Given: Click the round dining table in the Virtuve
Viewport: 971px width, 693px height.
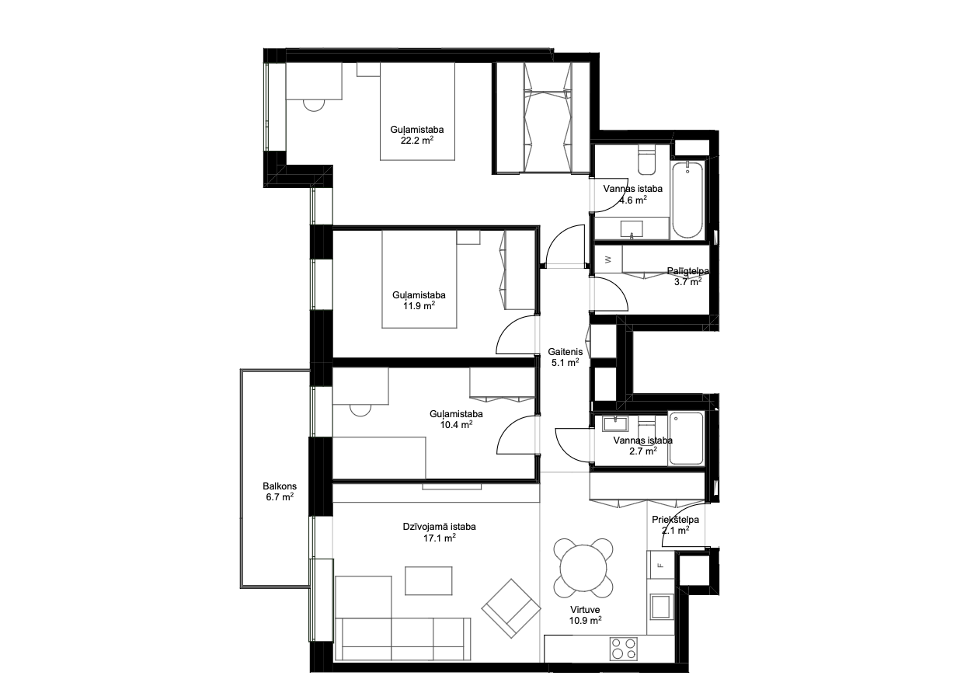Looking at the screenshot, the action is coord(583,568).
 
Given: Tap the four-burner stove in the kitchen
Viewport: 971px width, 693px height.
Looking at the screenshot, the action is coord(623,649).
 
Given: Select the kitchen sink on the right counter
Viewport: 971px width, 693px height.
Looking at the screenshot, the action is coord(660,606).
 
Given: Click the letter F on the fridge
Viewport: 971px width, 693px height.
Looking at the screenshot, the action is coord(660,565).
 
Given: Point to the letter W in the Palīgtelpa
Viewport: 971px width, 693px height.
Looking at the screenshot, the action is coord(608,259).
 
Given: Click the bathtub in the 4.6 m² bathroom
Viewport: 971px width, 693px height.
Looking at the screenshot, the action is coord(687,200).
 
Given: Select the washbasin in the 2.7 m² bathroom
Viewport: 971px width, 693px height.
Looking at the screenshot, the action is coord(614,423).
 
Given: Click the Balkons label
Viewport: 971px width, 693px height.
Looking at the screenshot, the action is coord(280,486).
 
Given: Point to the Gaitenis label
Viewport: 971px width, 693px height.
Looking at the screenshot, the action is coord(565,352).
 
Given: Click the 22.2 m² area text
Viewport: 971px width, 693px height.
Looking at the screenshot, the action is coord(417,140).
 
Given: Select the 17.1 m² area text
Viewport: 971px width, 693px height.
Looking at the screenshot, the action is coord(440,538).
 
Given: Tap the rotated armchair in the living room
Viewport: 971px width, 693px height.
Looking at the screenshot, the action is coord(511,608).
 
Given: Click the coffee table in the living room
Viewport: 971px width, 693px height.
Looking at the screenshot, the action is coord(428,580).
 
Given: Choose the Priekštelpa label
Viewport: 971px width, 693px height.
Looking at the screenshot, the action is coord(675,520).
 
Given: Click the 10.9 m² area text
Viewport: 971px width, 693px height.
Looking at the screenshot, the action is coord(585,620).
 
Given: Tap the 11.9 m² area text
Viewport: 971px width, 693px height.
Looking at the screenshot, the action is coord(419,305).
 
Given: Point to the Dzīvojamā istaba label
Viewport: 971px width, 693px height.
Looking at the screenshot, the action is coord(439,527).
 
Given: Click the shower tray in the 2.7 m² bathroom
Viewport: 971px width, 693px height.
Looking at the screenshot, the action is coord(686,438).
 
